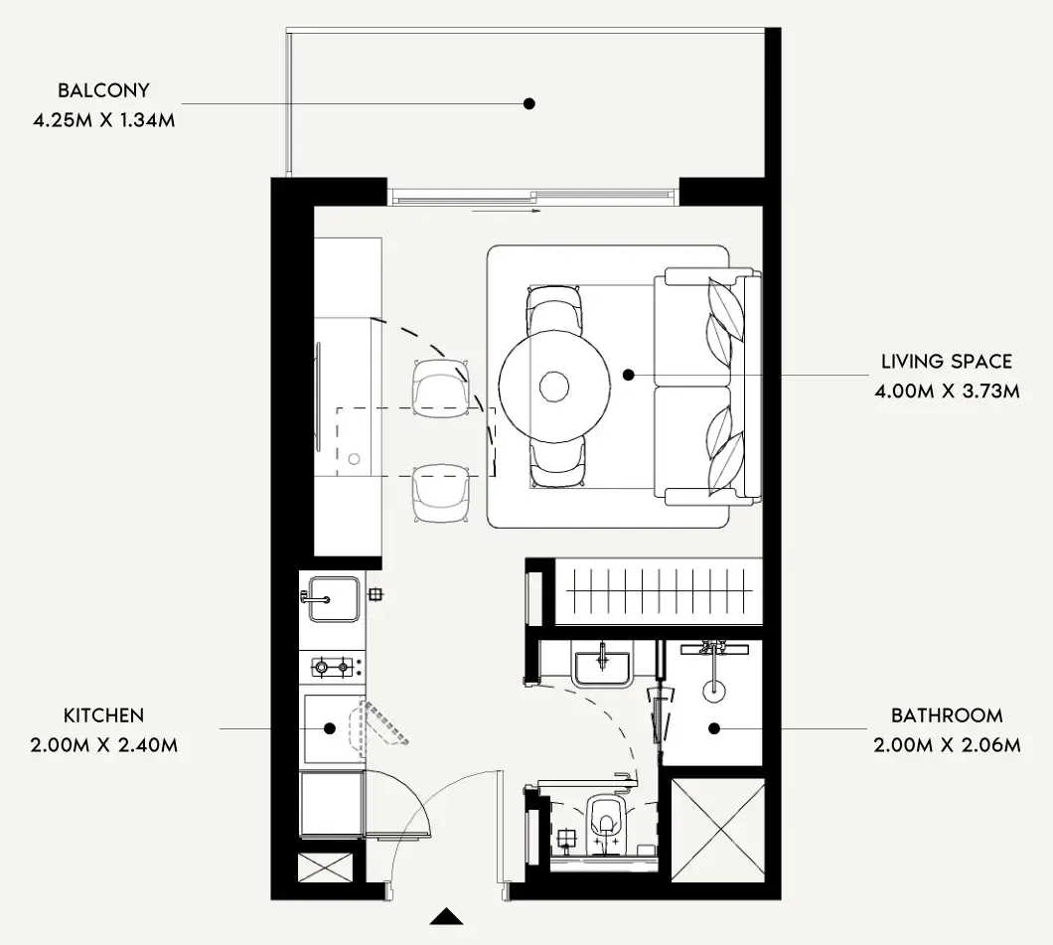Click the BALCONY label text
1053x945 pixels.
click(103, 90)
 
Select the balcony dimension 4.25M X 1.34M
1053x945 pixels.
click(104, 120)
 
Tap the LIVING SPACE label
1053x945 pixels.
click(947, 362)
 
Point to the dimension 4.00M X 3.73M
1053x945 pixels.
click(947, 391)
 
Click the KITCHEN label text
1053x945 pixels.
click(104, 715)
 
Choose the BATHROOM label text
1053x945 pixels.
click(947, 715)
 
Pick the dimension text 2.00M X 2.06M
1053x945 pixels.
click(947, 745)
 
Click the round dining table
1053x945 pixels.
click(554, 387)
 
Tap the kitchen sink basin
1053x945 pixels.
click(333, 598)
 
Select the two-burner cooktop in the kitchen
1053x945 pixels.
click(333, 668)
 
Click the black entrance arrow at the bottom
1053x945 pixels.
click(447, 917)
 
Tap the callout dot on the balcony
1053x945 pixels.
click(529, 103)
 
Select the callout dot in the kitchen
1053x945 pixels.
click(330, 728)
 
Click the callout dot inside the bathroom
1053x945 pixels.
click(714, 728)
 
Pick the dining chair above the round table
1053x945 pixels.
click(552, 309)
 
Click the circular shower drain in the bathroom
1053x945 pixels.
click(714, 691)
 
